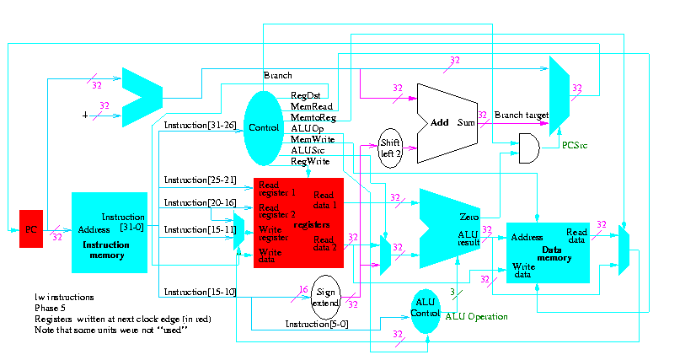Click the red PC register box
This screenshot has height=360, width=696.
coord(31,228)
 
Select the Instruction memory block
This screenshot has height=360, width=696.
coord(110,232)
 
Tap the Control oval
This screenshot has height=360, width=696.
coord(265,128)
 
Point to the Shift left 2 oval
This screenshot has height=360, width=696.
coord(391,147)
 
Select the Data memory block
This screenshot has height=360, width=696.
coord(547,252)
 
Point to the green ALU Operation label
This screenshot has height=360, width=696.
coord(476,316)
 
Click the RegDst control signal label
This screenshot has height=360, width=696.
coord(305,95)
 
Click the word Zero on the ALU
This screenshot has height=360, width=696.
coord(468,217)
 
